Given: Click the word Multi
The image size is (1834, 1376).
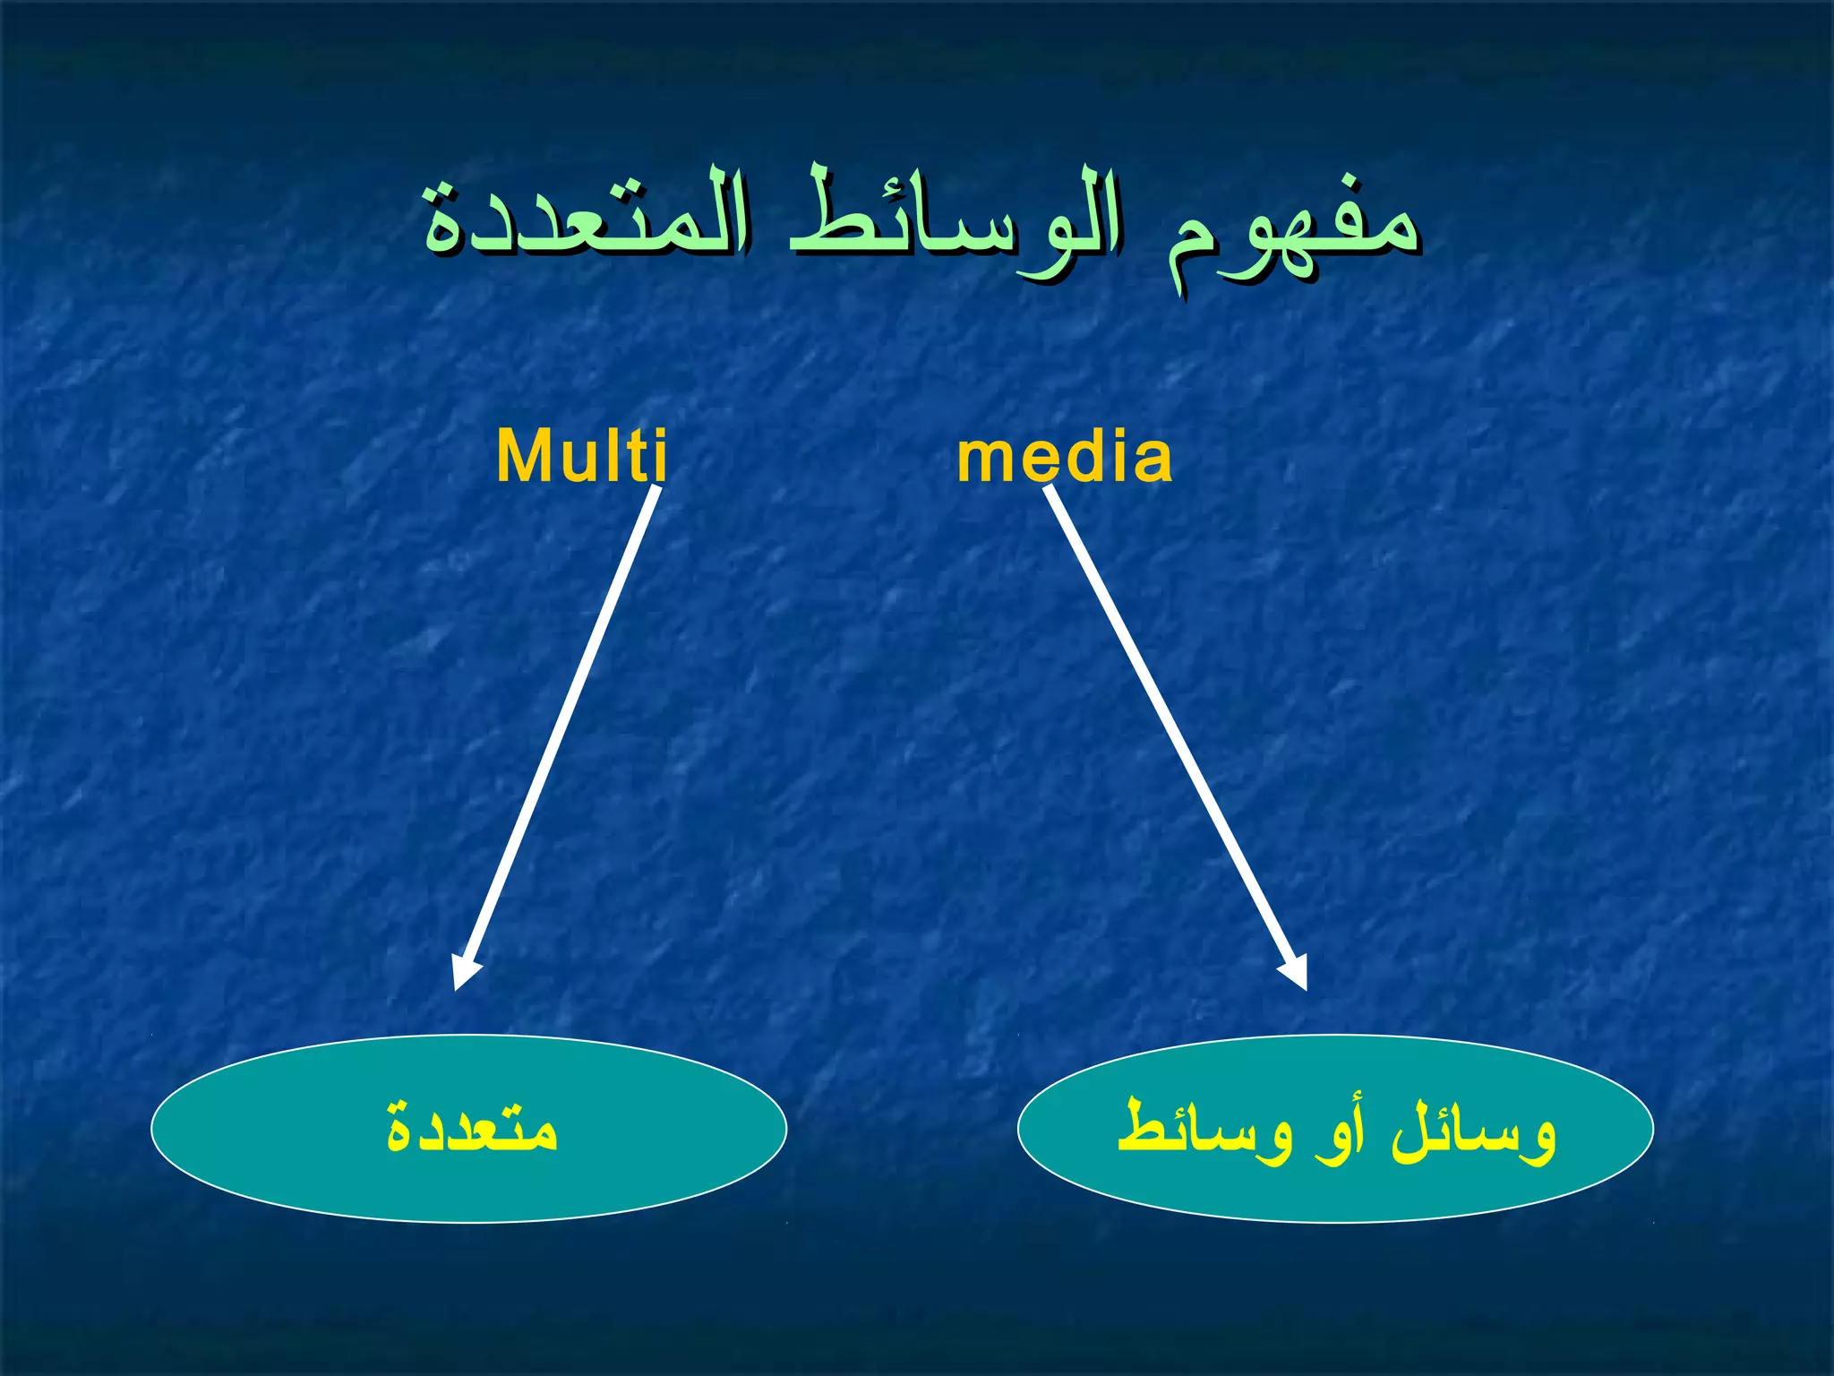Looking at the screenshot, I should pyautogui.click(x=581, y=457).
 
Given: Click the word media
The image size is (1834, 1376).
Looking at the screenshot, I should pyautogui.click(x=1064, y=457).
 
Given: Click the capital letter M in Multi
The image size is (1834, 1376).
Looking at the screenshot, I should pyautogui.click(x=524, y=457).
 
